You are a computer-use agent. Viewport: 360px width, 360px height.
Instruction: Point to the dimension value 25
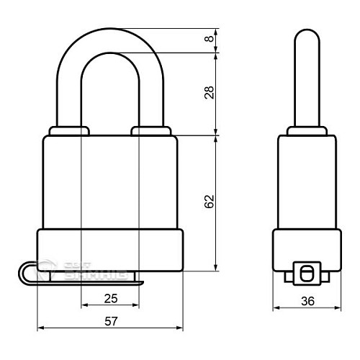point(109,297)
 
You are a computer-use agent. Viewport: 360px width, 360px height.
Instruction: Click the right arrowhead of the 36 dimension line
point(338,311)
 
